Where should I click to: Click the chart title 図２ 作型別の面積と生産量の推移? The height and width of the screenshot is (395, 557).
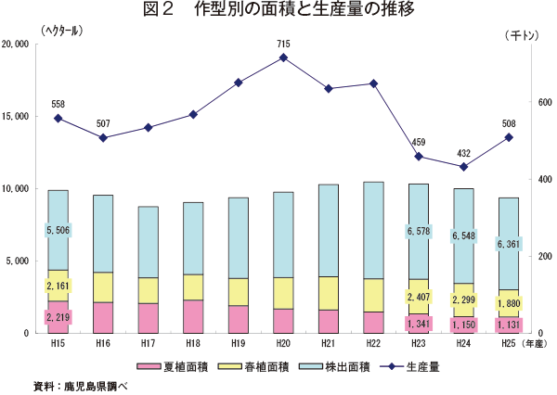coord(278,11)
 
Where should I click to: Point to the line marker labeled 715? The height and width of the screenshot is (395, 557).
coord(283,57)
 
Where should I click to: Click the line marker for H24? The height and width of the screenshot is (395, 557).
coord(464,167)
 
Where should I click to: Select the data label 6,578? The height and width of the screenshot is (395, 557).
coord(419,230)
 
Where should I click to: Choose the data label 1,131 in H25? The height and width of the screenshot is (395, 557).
coord(508,324)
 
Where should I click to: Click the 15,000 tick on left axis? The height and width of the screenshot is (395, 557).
coord(20,116)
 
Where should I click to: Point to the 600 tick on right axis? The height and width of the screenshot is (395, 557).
coord(540,103)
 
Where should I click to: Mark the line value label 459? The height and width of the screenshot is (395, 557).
coord(419,142)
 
